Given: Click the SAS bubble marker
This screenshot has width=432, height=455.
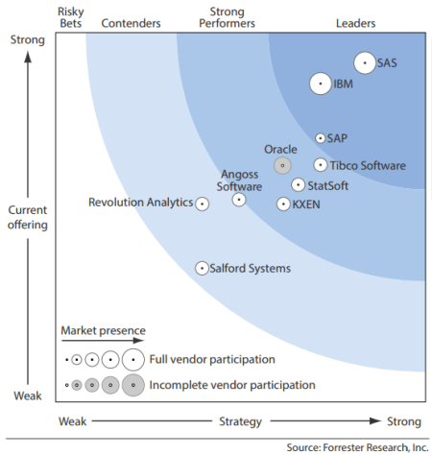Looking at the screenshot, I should coord(365,63).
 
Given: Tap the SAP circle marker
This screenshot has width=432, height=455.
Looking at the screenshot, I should coord(322,139).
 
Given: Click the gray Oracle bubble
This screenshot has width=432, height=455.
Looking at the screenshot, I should coord(282,165).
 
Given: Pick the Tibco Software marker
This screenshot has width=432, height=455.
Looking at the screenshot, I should coord(321,165).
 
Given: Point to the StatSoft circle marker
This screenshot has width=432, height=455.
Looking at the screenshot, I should coord(299,185).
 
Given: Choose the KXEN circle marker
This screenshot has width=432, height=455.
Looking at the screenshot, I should coord(283,204).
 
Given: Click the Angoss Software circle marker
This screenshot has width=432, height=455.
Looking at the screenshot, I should coord(239,200).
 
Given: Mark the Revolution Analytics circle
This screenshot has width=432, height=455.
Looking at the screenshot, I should coord(202,204).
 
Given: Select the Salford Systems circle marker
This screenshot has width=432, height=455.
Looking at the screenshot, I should coord(203,269).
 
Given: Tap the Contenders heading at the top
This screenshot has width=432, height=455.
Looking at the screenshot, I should coord(131,23).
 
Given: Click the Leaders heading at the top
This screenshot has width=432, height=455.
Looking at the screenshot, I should coord(356,23).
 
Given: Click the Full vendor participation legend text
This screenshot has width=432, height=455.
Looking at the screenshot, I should coord(213,360).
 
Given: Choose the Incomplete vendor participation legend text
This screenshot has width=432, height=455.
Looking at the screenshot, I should coord(234,385).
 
